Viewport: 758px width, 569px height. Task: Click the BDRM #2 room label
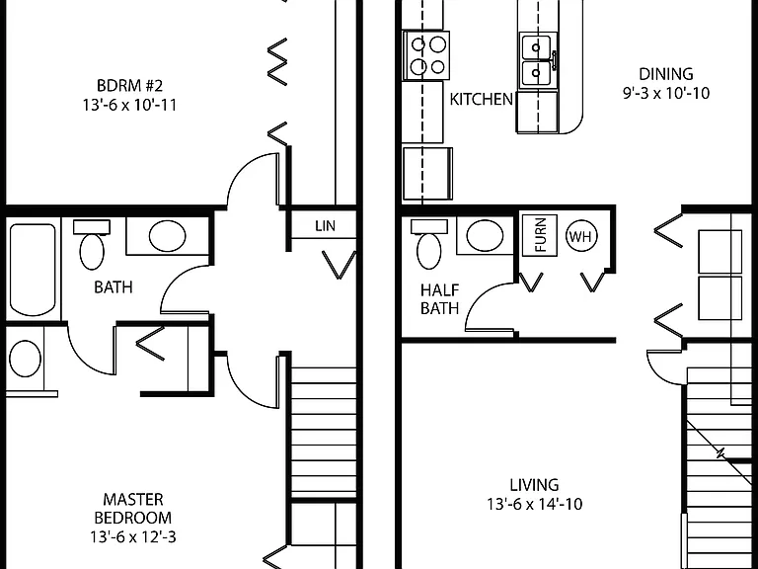click(x=129, y=86)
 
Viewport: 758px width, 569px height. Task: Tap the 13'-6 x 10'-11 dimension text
click(x=129, y=105)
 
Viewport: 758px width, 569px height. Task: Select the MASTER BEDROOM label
click(x=133, y=508)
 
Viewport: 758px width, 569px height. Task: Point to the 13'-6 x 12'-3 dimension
click(x=133, y=536)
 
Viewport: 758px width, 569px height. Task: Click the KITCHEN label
click(x=481, y=99)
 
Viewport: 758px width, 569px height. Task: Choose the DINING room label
click(x=665, y=74)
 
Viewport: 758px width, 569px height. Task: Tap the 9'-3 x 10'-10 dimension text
click(x=665, y=93)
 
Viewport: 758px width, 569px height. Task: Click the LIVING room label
click(x=534, y=485)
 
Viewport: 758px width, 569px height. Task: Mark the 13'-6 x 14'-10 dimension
click(x=534, y=504)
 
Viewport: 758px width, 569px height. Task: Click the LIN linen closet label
click(x=325, y=226)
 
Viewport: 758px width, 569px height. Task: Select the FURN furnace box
click(x=540, y=235)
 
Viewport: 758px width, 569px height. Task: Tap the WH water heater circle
click(x=581, y=237)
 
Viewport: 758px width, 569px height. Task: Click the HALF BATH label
click(x=439, y=299)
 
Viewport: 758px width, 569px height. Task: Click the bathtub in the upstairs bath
click(x=33, y=270)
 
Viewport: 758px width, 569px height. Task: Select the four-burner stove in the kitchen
click(x=426, y=55)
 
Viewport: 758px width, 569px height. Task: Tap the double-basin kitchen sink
click(x=538, y=60)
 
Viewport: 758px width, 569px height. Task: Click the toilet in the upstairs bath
click(x=92, y=244)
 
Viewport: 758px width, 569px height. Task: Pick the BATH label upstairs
click(x=114, y=286)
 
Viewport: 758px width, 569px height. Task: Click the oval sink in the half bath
click(x=485, y=236)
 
